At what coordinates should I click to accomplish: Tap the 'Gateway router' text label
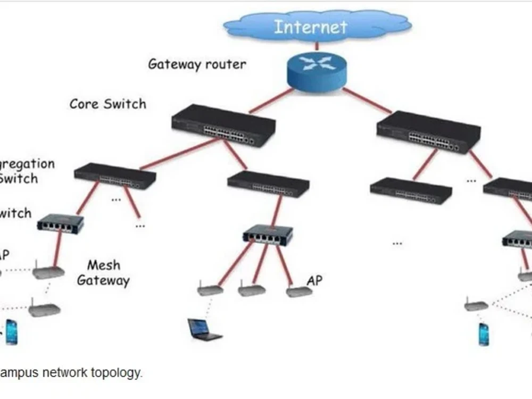197,64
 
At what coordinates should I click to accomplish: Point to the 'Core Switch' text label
107,104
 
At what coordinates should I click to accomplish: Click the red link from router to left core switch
271,101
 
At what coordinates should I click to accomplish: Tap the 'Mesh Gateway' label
103,272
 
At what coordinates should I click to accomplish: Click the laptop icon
204,329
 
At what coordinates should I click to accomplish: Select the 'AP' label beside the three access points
314,280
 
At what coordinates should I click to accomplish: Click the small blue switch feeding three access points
268,235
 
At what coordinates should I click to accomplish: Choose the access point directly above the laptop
209,290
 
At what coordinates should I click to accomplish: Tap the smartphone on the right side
484,334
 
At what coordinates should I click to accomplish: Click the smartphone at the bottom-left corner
11,332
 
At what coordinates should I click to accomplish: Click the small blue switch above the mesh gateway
60,222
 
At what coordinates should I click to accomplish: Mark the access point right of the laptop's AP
251,290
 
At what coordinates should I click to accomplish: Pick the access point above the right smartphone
476,305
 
